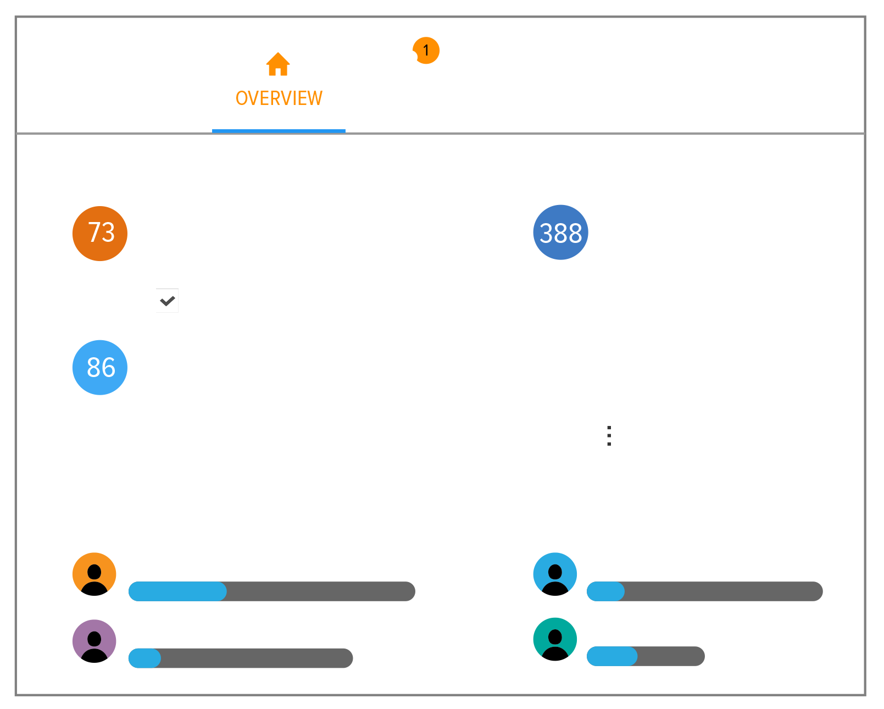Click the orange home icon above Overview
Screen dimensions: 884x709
278,64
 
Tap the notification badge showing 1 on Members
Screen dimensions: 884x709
426,51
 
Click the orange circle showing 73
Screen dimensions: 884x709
100,233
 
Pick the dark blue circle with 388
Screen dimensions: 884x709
560,232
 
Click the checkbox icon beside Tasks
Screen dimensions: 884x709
167,301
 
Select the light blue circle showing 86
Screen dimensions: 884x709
100,367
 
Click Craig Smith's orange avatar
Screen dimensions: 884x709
94,573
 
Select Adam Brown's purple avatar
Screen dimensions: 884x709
94,640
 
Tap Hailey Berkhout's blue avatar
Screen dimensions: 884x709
555,573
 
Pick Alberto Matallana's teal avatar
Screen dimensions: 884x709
555,638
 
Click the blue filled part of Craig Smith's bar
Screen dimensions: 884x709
177,591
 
